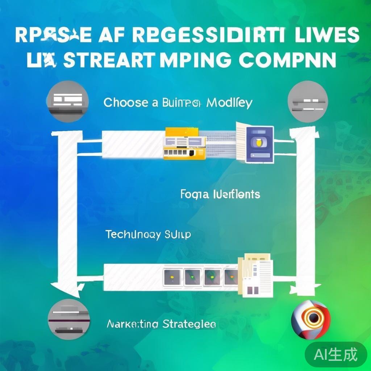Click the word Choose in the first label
(125, 103)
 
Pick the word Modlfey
(229, 103)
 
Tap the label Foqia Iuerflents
(220, 195)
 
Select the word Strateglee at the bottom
(189, 324)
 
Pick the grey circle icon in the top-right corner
(308, 102)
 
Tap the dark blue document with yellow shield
(258, 144)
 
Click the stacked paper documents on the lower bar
(256, 275)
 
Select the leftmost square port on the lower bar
(171, 277)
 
